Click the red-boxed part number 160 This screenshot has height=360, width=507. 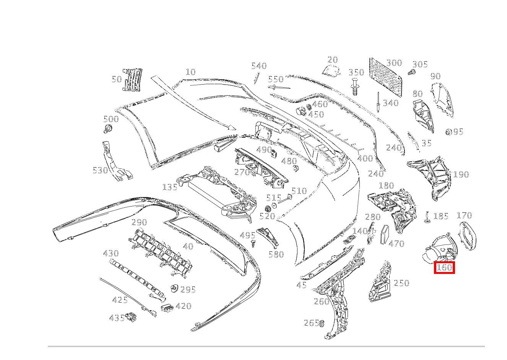coord(444,267)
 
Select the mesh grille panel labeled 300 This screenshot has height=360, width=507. coord(386,77)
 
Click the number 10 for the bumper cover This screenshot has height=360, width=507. coord(190,72)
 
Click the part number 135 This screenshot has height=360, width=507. coord(170,187)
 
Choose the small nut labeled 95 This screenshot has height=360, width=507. coord(448,132)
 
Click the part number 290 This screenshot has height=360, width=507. coord(139,222)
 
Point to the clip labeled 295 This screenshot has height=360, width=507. coord(175,288)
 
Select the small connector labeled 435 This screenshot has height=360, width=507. coord(132,316)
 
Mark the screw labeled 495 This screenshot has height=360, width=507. coord(252,243)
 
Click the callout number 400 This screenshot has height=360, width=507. coord(365,158)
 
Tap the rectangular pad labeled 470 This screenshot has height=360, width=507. coord(384,234)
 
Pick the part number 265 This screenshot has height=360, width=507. coord(311,323)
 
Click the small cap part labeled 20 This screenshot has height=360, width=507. coord(330,71)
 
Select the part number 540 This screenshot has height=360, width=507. coord(259,66)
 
